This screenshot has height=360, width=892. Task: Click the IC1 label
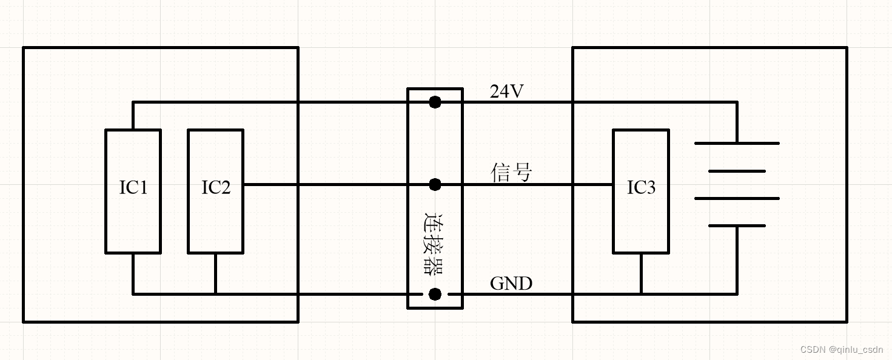(x=133, y=188)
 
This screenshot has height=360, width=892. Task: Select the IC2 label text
(x=216, y=188)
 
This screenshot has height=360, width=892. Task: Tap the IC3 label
(x=641, y=188)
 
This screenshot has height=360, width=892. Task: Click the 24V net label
(x=507, y=92)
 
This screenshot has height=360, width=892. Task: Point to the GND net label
(x=511, y=283)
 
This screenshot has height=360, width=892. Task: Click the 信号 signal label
(x=511, y=173)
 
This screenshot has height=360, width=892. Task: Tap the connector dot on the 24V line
(x=435, y=102)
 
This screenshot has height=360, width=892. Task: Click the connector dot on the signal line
(x=435, y=184)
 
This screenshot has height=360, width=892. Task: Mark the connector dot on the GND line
(x=435, y=294)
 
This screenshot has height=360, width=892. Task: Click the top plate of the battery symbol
(x=737, y=143)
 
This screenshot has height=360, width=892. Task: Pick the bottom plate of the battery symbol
(x=737, y=225)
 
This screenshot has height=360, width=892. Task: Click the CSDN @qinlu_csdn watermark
(x=841, y=350)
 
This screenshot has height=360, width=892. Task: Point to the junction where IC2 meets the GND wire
(x=215, y=294)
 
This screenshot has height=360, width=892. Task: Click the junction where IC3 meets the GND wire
(x=641, y=294)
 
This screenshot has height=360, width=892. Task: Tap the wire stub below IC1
(x=133, y=273)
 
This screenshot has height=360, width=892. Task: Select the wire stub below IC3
(x=641, y=273)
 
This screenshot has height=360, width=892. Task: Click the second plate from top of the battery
(x=737, y=171)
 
